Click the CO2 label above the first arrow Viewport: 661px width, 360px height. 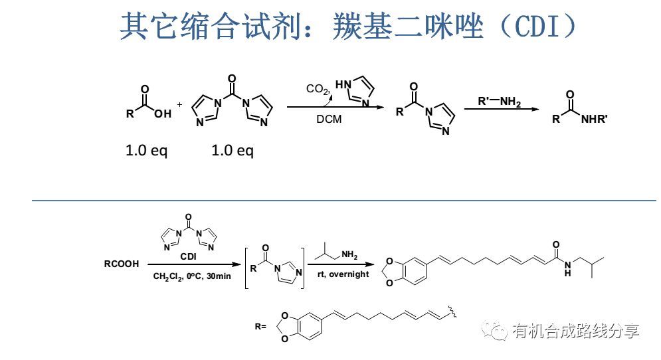318,88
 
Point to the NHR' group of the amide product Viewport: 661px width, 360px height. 595,120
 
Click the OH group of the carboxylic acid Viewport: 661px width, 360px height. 163,114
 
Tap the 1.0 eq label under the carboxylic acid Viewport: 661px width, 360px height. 146,151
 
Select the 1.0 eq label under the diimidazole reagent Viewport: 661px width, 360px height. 233,151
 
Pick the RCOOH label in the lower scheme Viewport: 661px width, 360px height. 122,264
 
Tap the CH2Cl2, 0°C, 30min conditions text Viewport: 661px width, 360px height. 191,276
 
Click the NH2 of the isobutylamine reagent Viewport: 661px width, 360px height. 350,253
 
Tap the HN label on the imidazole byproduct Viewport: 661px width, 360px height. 343,85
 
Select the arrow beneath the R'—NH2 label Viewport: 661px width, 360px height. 501,110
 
